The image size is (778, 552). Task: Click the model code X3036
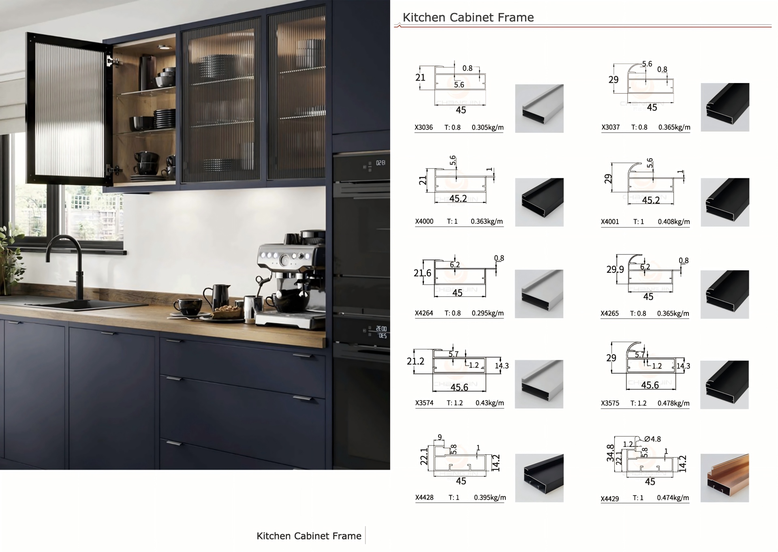tap(423, 127)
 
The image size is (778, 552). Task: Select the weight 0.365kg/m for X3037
tap(674, 127)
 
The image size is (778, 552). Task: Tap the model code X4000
tap(424, 221)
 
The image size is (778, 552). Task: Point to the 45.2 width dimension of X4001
tap(651, 200)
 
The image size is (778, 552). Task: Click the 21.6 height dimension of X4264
tap(422, 273)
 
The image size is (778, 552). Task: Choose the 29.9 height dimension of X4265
tap(615, 270)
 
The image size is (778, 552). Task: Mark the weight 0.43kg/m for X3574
tap(489, 403)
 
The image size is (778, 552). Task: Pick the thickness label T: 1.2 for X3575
tap(638, 403)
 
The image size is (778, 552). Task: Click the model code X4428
tap(424, 497)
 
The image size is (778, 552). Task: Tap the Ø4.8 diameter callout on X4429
tap(652, 439)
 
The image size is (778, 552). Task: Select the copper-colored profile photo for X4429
tap(725, 478)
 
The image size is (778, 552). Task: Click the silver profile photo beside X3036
tap(539, 108)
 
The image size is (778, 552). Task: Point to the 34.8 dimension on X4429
tap(610, 453)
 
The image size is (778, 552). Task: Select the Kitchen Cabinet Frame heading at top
tap(468, 17)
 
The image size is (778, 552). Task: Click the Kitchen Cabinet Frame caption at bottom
tap(309, 536)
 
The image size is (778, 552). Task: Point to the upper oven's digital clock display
tap(380, 163)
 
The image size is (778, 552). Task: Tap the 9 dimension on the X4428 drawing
tap(440, 437)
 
